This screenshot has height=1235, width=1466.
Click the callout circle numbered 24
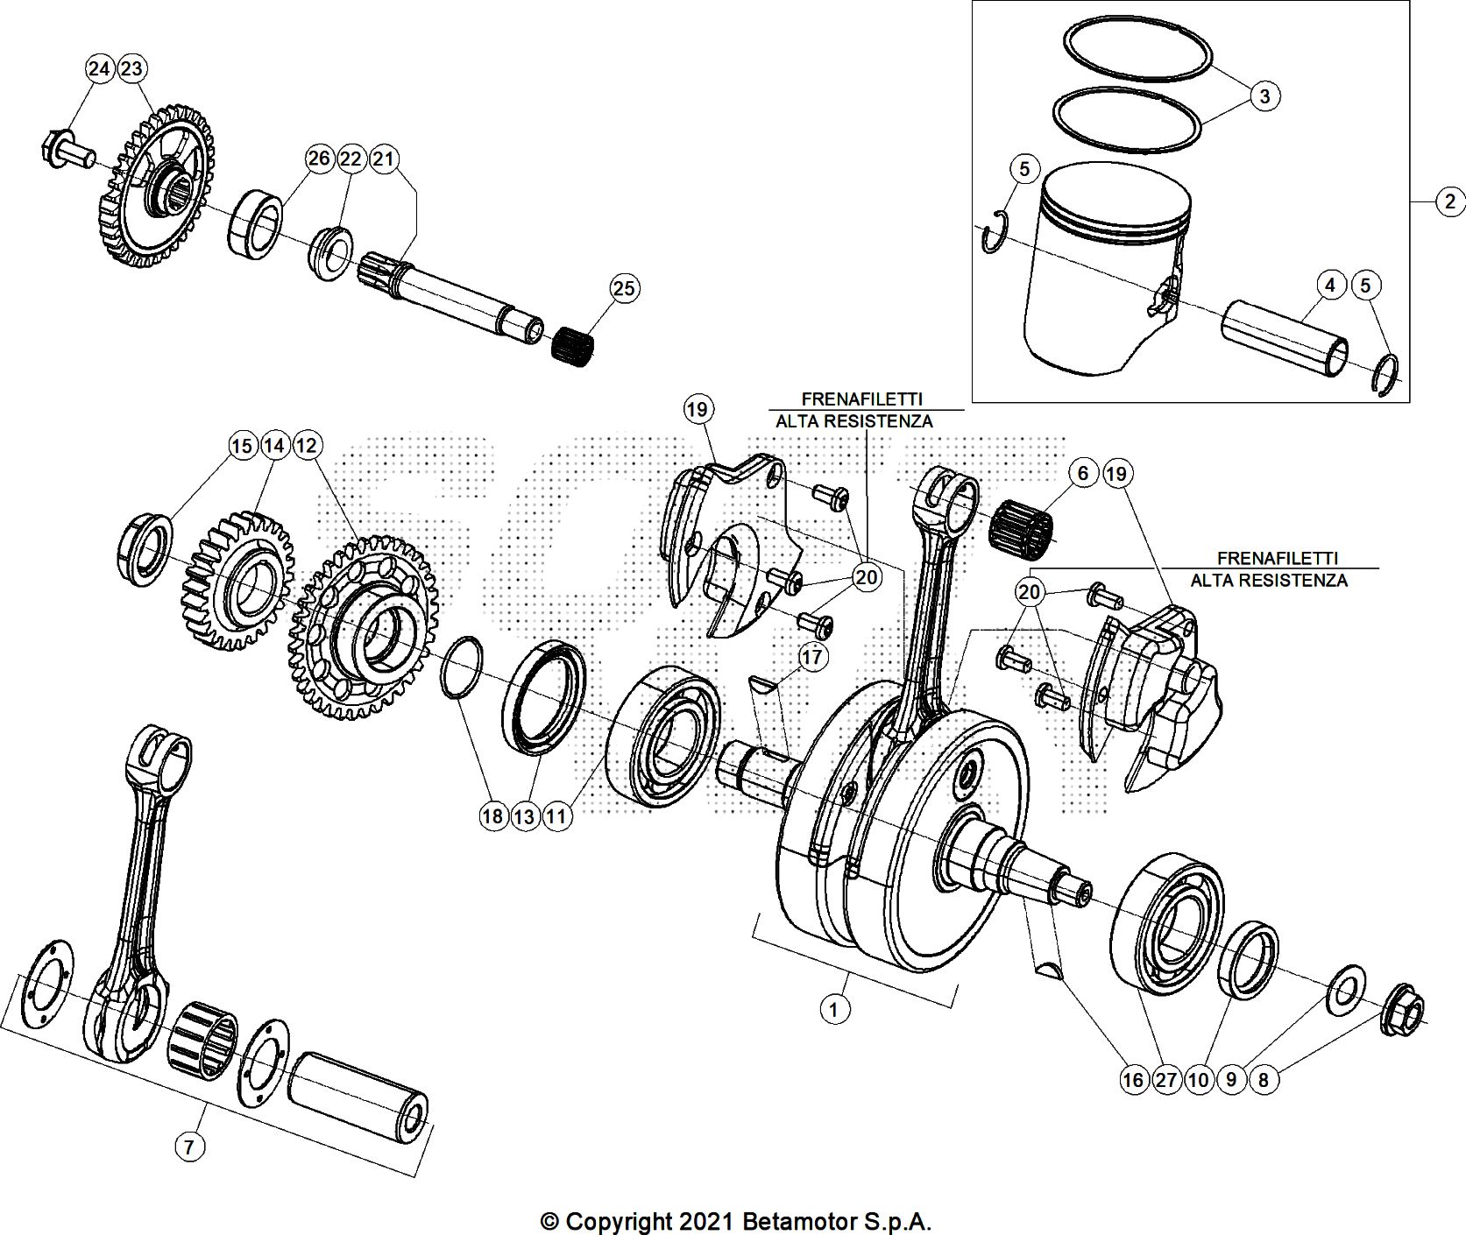(x=100, y=68)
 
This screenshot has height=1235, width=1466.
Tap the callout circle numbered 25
(x=625, y=288)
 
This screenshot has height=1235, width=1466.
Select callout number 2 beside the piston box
(x=1449, y=202)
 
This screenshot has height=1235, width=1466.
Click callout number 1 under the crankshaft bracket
(x=833, y=1009)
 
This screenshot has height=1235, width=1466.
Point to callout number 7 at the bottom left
(x=190, y=1146)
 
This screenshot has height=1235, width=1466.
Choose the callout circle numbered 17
(x=812, y=656)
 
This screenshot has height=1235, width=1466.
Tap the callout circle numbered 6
(x=1083, y=474)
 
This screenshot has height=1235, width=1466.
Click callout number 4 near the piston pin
(x=1330, y=285)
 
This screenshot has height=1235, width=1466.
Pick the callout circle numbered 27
(x=1165, y=1080)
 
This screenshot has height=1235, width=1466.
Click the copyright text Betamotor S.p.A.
(x=736, y=1221)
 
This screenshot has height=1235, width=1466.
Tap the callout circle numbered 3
(x=1264, y=95)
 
